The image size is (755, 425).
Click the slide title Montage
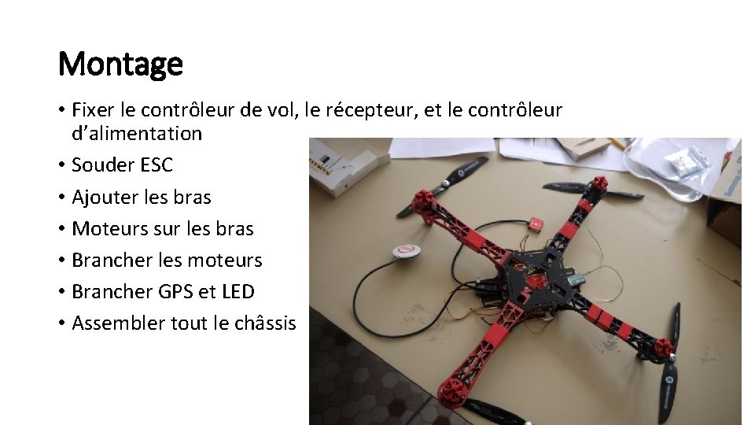(x=120, y=64)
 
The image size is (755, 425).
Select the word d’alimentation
(x=137, y=134)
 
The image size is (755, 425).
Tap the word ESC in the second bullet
(x=156, y=165)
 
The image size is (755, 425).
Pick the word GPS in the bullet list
(x=175, y=291)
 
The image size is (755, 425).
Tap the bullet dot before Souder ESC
(x=62, y=165)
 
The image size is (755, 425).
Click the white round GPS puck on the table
(x=405, y=251)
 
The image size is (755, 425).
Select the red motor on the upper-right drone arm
(x=599, y=183)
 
